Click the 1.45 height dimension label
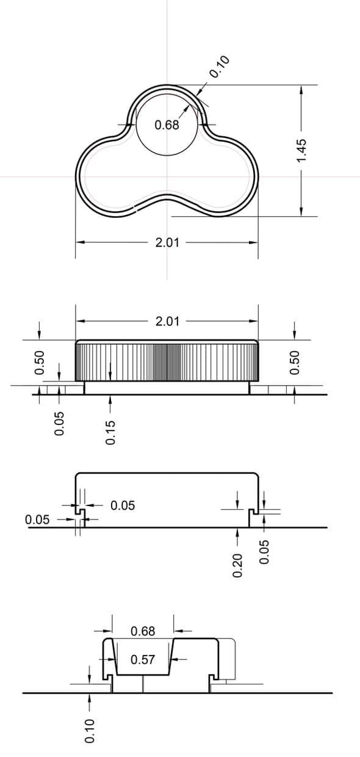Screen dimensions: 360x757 click(301, 150)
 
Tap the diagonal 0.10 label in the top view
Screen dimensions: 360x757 click(219, 67)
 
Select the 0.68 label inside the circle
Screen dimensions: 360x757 click(167, 125)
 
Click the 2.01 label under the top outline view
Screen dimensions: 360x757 click(167, 242)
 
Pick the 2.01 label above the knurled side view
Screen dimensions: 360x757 click(167, 321)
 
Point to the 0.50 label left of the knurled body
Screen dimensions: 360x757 click(40, 363)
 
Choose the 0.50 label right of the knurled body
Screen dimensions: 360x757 click(295, 363)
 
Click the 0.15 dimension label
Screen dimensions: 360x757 click(110, 432)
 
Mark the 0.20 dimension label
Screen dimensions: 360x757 click(237, 565)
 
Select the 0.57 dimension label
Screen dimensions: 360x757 click(143, 659)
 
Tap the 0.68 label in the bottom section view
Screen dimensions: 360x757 click(143, 631)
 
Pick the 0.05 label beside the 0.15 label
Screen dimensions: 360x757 click(59, 424)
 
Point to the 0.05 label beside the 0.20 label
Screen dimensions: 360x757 click(264, 552)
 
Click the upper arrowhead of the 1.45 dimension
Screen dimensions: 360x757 click(301, 89)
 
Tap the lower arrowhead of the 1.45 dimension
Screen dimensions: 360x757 click(301, 212)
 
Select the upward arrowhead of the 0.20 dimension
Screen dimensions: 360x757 click(237, 532)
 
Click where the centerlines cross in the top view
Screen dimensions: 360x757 click(167, 176)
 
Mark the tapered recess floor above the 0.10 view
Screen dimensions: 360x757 click(143, 675)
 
